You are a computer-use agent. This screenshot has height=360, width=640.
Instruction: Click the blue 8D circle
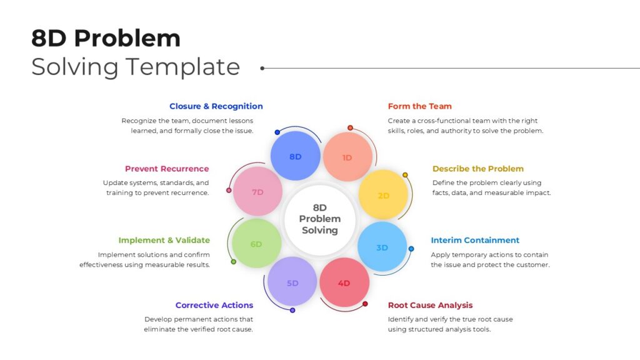pyautogui.click(x=295, y=156)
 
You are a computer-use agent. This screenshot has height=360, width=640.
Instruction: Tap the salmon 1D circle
pyautogui.click(x=347, y=157)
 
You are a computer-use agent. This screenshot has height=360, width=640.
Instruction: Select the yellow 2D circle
pyautogui.click(x=383, y=195)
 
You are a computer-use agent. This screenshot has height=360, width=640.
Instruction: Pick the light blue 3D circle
pyautogui.click(x=382, y=246)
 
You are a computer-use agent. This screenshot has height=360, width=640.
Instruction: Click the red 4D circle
pyautogui.click(x=344, y=282)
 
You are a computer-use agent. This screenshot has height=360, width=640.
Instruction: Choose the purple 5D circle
pyautogui.click(x=292, y=281)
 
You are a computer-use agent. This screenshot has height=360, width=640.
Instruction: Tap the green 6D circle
pyautogui.click(x=257, y=243)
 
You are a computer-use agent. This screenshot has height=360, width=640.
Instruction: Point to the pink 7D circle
pyautogui.click(x=257, y=191)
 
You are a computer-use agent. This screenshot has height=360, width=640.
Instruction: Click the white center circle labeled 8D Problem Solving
pyautogui.click(x=319, y=219)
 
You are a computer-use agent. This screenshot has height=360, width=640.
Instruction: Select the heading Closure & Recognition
pyautogui.click(x=216, y=106)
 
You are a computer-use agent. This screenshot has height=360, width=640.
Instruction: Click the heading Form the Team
pyautogui.click(x=419, y=106)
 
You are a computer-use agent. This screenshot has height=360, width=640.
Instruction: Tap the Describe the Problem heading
pyautogui.click(x=478, y=169)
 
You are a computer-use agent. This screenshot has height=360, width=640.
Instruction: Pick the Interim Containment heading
pyautogui.click(x=475, y=240)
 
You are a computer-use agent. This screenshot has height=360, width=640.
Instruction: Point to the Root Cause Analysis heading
pyautogui.click(x=430, y=305)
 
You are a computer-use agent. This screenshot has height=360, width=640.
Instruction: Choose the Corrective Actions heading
pyautogui.click(x=214, y=305)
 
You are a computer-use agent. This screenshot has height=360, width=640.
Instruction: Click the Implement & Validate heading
pyautogui.click(x=164, y=240)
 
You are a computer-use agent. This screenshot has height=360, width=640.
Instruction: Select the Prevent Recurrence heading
pyautogui.click(x=167, y=169)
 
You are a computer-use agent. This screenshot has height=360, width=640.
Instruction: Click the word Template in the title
pyautogui.click(x=182, y=67)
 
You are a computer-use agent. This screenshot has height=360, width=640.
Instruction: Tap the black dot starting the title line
pyautogui.click(x=262, y=68)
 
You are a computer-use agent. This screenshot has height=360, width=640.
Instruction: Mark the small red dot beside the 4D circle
pyautogui.click(x=365, y=304)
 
